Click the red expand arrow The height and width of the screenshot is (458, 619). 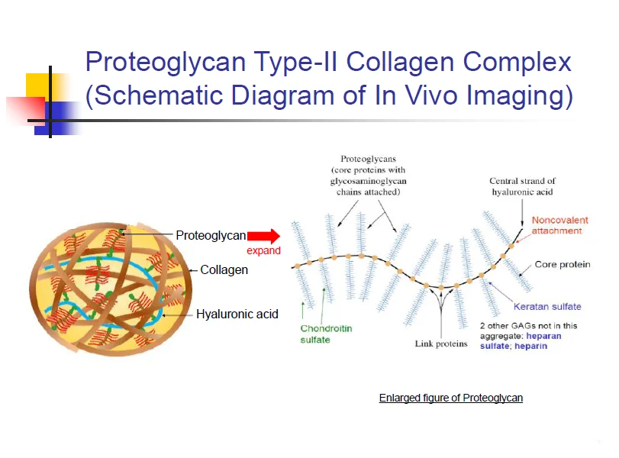[x=263, y=235]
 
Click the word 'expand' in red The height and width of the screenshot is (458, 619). [x=263, y=250]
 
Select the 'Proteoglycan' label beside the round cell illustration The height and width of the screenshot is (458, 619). [x=211, y=235]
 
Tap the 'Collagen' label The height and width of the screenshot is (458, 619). [x=224, y=269]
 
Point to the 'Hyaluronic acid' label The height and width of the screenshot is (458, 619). [x=237, y=314]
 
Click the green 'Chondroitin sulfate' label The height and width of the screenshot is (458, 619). [x=326, y=334]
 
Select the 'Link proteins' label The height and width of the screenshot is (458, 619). [x=441, y=343]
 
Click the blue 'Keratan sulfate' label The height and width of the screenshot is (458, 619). [x=547, y=306]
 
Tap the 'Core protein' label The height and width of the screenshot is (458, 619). [x=563, y=265]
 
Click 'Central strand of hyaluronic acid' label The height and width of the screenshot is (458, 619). [x=523, y=186]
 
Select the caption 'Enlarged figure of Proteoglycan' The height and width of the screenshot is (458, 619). [x=450, y=398]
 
